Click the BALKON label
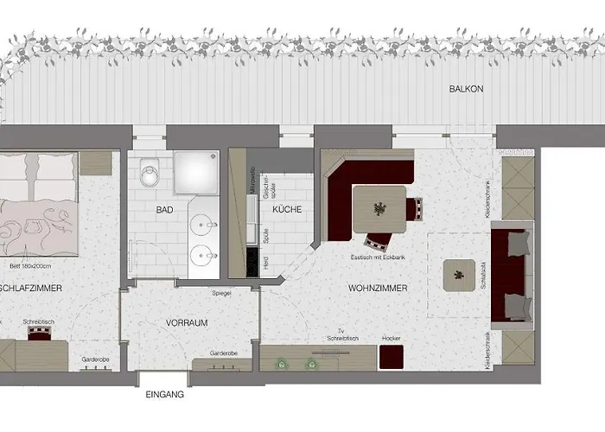click(465, 89)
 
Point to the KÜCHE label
click(286, 210)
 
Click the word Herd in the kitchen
click(264, 262)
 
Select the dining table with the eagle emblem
click(379, 207)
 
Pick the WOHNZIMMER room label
click(378, 288)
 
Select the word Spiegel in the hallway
click(222, 294)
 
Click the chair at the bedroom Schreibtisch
click(39, 332)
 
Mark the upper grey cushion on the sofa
click(517, 244)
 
